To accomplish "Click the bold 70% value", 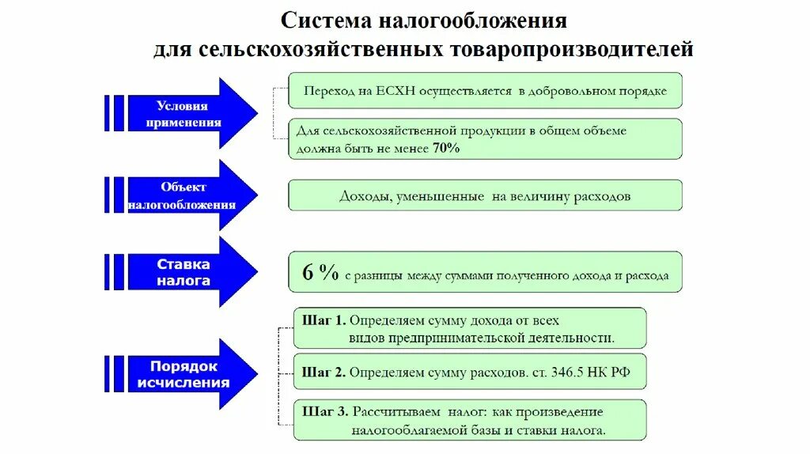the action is [x=445, y=148].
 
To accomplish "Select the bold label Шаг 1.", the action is [x=324, y=321].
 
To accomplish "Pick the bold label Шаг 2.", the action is [x=324, y=371].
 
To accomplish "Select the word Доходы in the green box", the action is [x=363, y=196].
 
